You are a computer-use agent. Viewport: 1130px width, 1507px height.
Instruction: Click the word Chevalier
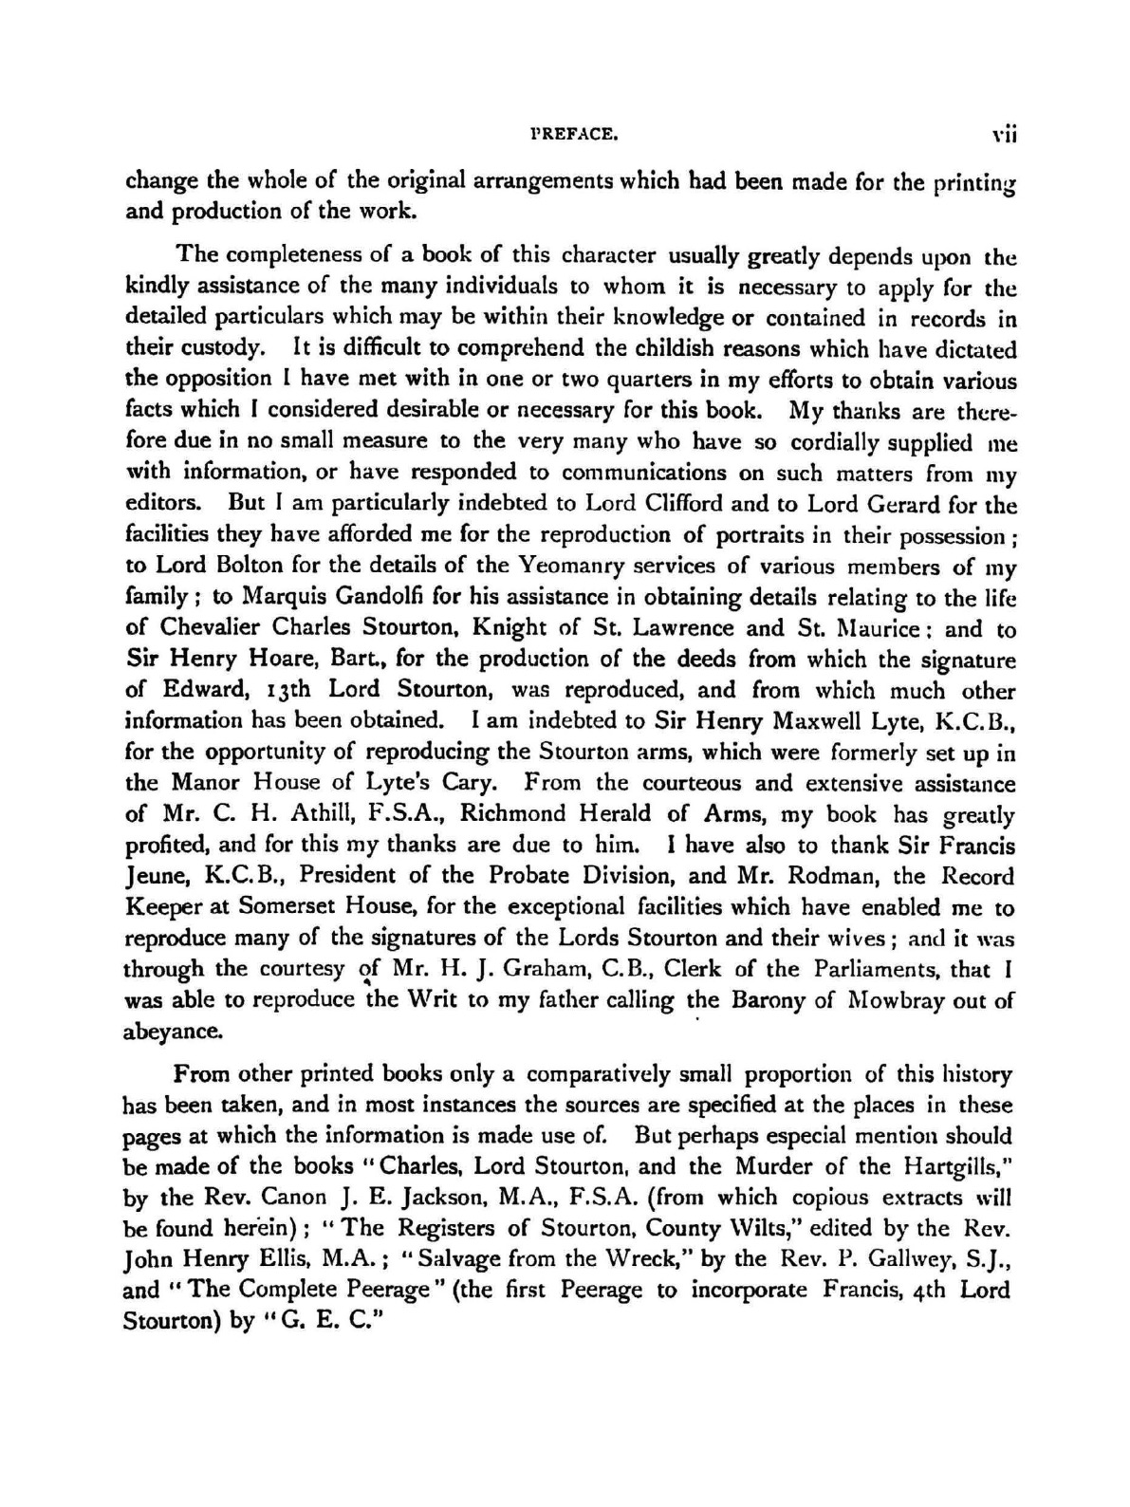pyautogui.click(x=208, y=628)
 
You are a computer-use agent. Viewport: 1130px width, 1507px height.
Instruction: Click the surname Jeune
pyautogui.click(x=152, y=877)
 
